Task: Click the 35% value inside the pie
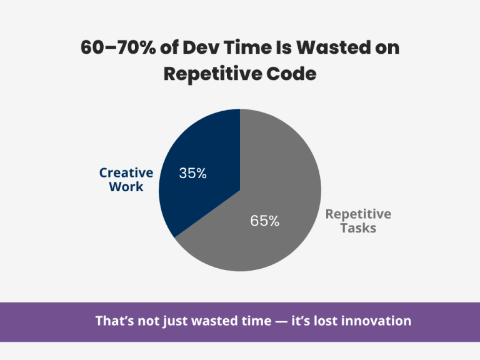pyautogui.click(x=192, y=174)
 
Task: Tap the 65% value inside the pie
pyautogui.click(x=264, y=221)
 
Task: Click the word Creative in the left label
pyautogui.click(x=126, y=173)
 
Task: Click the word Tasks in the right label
pyautogui.click(x=358, y=228)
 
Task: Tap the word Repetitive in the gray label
pyautogui.click(x=358, y=214)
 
